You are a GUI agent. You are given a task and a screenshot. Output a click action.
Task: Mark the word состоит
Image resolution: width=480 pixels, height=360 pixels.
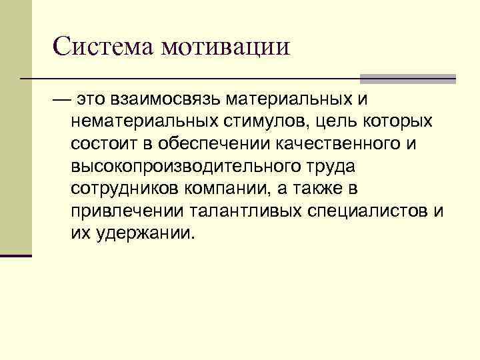tap(101, 145)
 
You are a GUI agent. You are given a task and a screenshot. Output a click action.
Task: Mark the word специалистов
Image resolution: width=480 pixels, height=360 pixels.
tap(367, 212)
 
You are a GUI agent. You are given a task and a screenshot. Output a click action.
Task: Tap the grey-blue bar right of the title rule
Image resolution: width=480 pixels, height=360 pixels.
tap(407, 78)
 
